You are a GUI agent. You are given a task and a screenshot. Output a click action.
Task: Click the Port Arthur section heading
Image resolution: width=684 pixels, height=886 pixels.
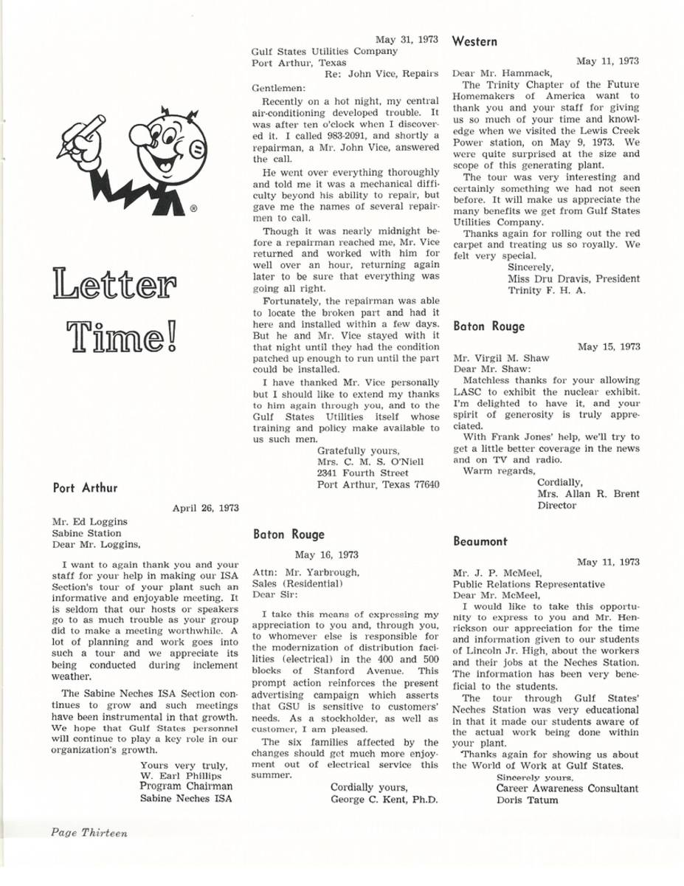pos(86,487)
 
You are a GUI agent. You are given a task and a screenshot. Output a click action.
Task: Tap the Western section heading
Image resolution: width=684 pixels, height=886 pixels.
pos(473,41)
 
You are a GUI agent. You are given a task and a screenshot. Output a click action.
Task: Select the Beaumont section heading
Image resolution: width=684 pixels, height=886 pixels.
pos(481,541)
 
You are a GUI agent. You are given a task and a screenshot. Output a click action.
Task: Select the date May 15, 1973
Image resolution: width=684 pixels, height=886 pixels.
pos(609,346)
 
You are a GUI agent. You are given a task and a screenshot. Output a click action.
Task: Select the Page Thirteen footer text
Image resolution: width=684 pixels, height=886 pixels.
pos(89,832)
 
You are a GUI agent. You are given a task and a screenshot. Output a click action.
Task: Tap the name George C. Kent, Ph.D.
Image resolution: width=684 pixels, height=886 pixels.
pos(384,799)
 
